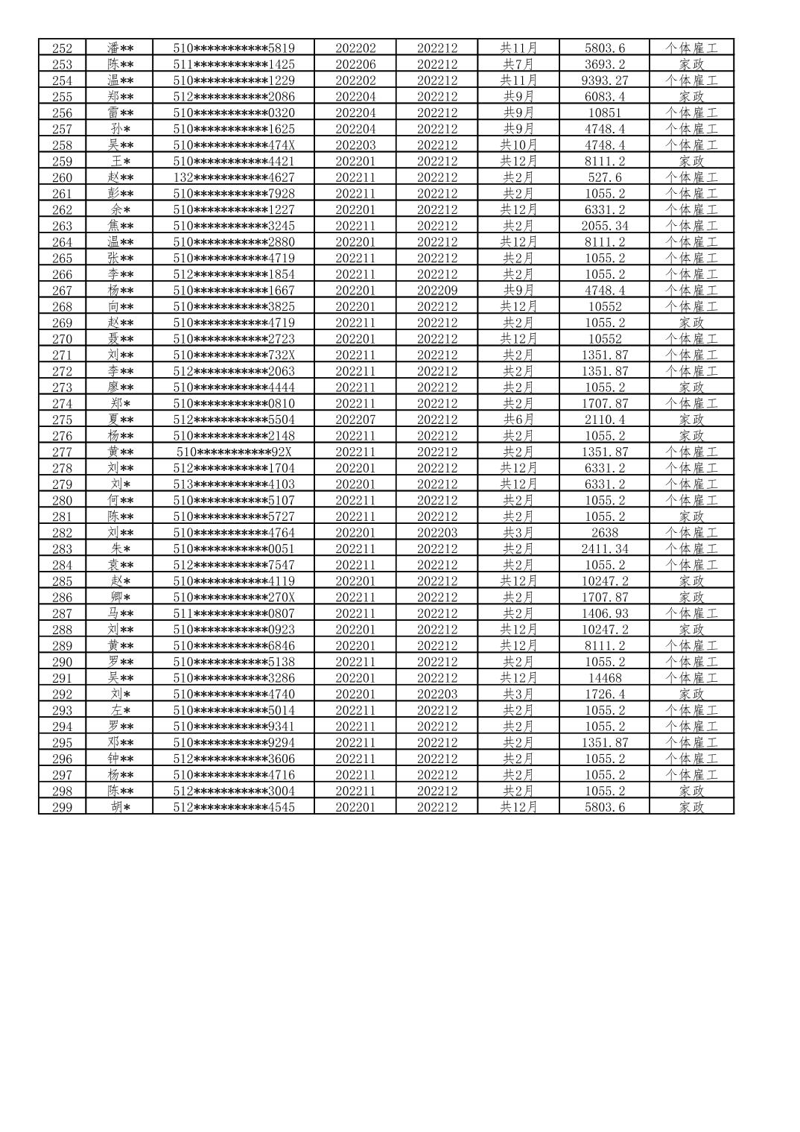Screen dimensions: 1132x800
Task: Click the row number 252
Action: (62, 48)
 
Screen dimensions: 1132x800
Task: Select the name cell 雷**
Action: (120, 113)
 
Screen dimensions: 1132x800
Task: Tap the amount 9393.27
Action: (604, 80)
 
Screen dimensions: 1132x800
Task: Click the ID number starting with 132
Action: (233, 177)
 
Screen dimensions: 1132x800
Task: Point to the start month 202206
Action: (355, 64)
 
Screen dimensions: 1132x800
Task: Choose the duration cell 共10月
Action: (518, 145)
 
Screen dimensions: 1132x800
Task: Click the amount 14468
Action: (604, 678)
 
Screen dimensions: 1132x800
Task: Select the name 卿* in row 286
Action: (120, 597)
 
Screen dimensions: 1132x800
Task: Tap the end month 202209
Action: (436, 291)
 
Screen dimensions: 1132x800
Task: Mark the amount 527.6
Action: (604, 177)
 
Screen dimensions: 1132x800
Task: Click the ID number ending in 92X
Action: (233, 452)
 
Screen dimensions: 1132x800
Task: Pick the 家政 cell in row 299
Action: (691, 807)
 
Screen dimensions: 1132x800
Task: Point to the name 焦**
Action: (120, 226)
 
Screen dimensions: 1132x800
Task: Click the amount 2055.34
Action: (604, 226)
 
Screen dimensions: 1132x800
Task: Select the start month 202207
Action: (355, 420)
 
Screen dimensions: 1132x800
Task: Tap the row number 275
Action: (62, 420)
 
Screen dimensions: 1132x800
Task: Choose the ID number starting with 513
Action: (233, 484)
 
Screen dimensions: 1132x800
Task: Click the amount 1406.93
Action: (604, 613)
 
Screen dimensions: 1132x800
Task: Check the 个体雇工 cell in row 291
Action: (691, 678)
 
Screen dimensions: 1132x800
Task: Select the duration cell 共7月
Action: (518, 64)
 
